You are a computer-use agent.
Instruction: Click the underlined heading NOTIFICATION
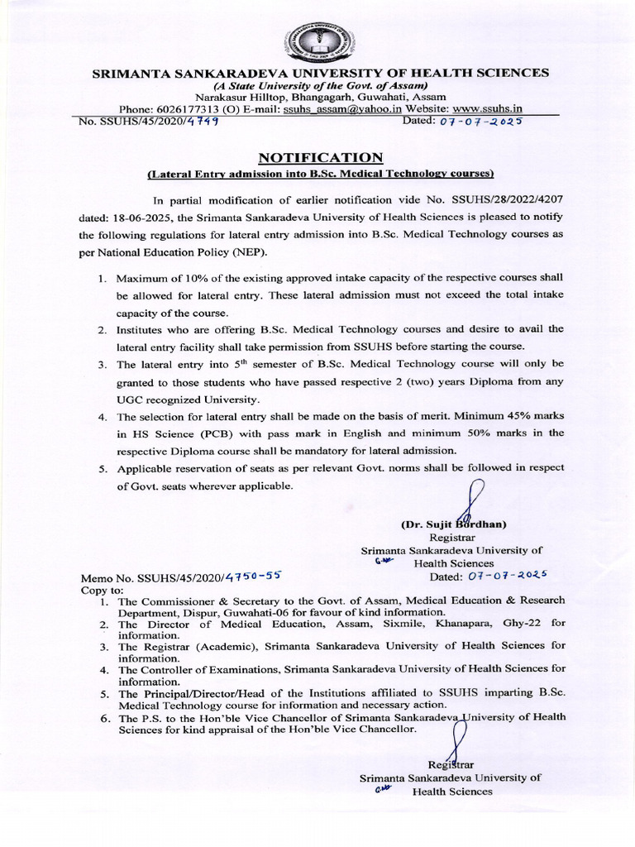[x=321, y=157]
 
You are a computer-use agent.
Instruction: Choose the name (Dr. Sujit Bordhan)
[x=453, y=524]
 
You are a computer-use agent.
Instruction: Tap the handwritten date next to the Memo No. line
[x=507, y=577]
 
